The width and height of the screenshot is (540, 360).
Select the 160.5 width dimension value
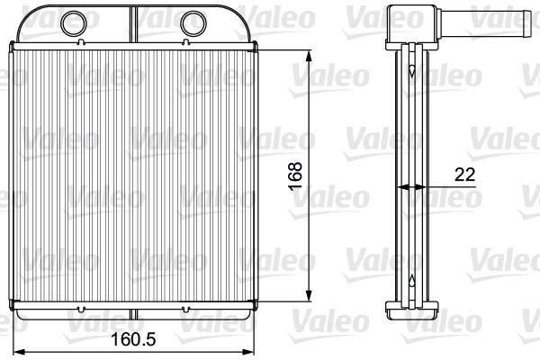click(133, 342)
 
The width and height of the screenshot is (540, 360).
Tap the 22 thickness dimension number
click(464, 175)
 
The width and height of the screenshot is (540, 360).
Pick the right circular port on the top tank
click(193, 20)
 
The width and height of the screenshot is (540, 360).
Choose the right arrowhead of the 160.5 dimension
click(255, 350)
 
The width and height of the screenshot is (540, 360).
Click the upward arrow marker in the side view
click(411, 279)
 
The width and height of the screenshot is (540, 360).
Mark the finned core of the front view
click(135, 180)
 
